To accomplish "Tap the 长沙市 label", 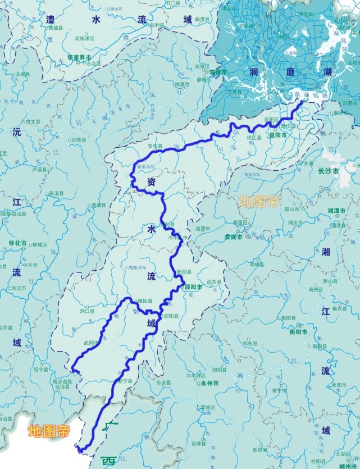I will click(x=329, y=171).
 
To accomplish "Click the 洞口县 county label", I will click(x=88, y=310).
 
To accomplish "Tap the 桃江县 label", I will click(x=255, y=137).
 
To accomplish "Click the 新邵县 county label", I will click(x=184, y=272).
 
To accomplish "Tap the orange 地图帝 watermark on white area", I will click(x=49, y=431).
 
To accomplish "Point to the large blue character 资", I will click(x=151, y=181).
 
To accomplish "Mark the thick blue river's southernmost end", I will click(x=80, y=449).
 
